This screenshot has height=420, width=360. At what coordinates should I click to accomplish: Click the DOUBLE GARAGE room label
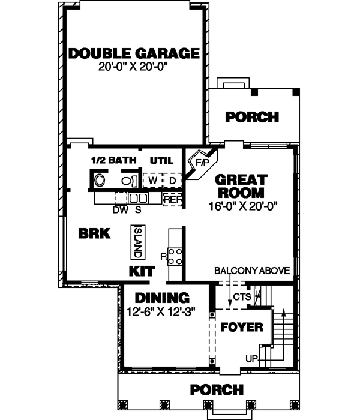[x=134, y=53]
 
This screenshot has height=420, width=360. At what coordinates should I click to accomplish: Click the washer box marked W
[x=152, y=180]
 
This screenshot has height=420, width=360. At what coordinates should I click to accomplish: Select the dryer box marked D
[x=172, y=180]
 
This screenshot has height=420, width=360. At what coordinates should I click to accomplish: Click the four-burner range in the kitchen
[x=175, y=257]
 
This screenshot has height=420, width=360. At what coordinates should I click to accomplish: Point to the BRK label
[x=94, y=234]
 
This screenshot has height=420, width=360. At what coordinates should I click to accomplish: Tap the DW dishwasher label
[x=119, y=210]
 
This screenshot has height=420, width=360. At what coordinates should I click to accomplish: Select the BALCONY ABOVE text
[x=253, y=271]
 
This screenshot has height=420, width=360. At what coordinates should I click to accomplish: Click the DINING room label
[x=162, y=298]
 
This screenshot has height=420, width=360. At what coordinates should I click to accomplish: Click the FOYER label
[x=242, y=328]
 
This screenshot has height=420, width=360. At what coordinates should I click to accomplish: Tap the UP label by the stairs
[x=251, y=358]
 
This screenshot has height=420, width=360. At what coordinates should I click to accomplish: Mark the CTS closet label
[x=241, y=296]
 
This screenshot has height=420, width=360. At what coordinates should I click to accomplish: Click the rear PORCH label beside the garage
[x=252, y=117]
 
